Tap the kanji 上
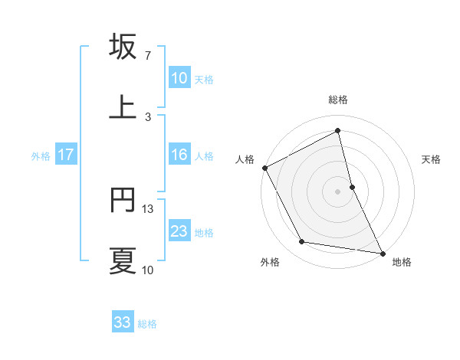(123, 108)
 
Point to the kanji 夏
(123, 261)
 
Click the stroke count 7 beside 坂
(148, 56)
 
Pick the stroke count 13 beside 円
(149, 208)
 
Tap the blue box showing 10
(179, 78)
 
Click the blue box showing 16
(179, 155)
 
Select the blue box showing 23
(179, 231)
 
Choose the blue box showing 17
(66, 155)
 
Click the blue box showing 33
(123, 322)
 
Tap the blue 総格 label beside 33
(147, 324)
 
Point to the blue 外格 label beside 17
(41, 156)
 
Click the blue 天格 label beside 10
(204, 80)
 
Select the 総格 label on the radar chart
(338, 100)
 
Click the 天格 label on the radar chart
(432, 159)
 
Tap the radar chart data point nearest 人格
(264, 168)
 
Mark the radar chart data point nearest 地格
(383, 253)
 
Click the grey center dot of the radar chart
(338, 191)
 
